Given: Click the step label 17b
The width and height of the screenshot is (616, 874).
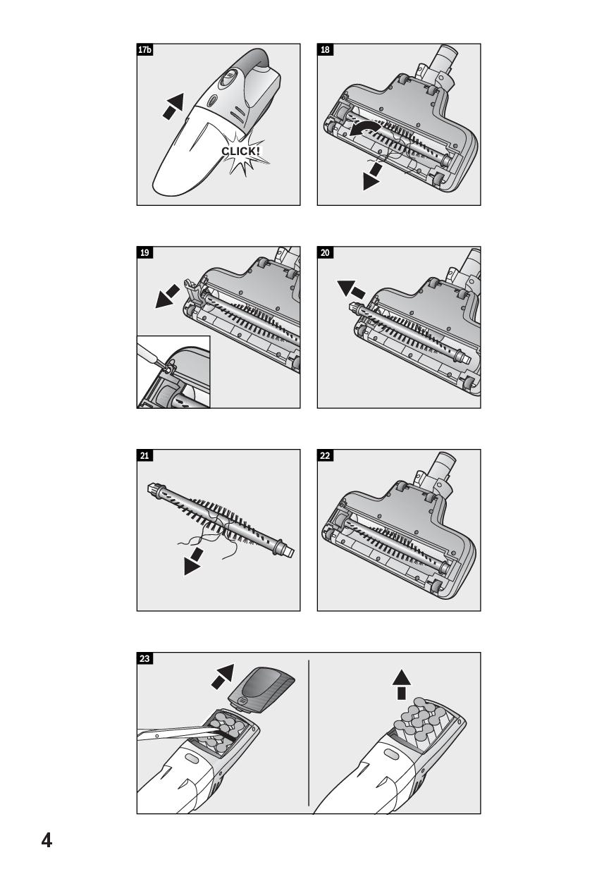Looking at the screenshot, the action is click(144, 49).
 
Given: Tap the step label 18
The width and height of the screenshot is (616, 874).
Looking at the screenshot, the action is click(325, 49).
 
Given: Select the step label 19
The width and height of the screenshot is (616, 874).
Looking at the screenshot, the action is click(144, 252).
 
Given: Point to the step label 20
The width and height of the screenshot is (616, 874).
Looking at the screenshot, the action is click(325, 252).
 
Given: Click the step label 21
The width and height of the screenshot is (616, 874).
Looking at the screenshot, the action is click(144, 455).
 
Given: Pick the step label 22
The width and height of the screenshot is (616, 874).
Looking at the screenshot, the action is click(325, 455).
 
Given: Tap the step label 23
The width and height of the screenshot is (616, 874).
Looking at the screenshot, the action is click(144, 658).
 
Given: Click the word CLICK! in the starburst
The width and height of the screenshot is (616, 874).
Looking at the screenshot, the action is click(240, 151).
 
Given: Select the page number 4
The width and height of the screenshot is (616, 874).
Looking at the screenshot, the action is click(47, 839).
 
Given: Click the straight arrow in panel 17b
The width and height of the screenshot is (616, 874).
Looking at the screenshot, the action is click(173, 106).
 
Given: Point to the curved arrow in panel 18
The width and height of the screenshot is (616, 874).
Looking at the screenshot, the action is click(365, 129).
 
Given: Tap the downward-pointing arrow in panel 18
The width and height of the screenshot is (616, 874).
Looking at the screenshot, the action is click(372, 177).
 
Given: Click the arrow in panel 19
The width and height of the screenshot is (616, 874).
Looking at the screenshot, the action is click(167, 296).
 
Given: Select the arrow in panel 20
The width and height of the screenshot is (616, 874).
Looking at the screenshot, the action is click(351, 289).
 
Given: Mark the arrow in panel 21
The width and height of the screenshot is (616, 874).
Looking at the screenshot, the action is click(194, 561).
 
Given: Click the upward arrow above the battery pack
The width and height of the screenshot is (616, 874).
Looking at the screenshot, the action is click(402, 685).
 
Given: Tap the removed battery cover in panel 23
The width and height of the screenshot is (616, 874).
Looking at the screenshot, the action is click(261, 691).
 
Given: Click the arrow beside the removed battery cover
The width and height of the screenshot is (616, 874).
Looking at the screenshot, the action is click(223, 676).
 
